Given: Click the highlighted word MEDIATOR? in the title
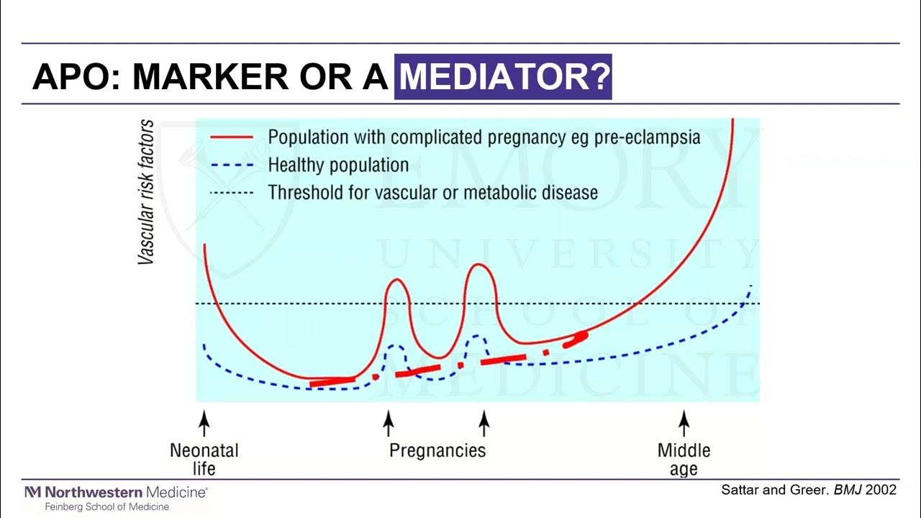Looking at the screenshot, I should tap(503, 76).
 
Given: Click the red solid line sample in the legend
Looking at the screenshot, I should tap(231, 137).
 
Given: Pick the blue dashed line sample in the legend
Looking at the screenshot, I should tap(231, 165).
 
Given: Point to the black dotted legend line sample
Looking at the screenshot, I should tap(231, 193).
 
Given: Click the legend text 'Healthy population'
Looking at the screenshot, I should tap(338, 165).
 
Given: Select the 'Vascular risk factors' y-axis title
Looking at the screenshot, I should tap(146, 192).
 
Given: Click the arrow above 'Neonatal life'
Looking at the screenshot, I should tap(204, 422).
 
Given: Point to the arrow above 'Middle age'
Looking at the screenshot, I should tap(684, 422).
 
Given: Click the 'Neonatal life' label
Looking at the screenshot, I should tap(204, 459).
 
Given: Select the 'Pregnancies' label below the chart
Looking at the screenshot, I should tap(437, 451).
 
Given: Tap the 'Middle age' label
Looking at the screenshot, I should tap(684, 459).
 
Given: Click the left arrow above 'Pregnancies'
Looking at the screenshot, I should tap(389, 422).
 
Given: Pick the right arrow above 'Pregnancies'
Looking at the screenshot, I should tap(484, 422).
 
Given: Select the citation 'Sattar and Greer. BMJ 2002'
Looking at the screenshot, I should tap(809, 490).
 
